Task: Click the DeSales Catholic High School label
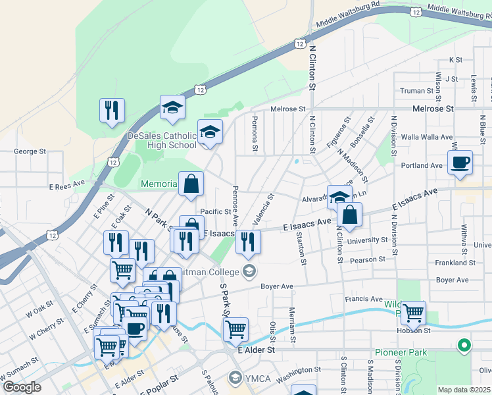(161, 140)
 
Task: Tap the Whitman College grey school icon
(249, 270)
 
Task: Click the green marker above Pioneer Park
(464, 345)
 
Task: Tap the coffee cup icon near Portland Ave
(460, 162)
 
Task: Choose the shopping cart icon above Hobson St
(412, 313)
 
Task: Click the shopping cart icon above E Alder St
(235, 329)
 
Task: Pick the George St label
(30, 151)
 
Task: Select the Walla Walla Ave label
(428, 137)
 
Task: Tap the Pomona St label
(253, 134)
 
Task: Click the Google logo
(22, 386)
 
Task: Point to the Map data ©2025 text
(463, 390)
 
